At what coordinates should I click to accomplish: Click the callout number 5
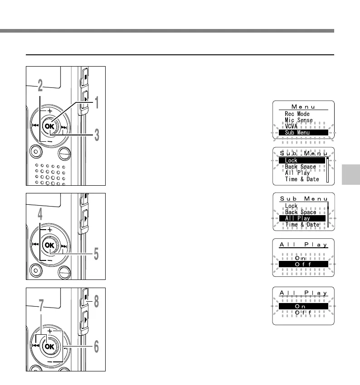tap(97, 255)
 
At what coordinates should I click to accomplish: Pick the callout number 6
tap(97, 348)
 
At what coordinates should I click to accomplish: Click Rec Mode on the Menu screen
tap(297, 114)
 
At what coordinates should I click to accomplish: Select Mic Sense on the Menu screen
tap(299, 120)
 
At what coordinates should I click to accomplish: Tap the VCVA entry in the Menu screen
tap(292, 127)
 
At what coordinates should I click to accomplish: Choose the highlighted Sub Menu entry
tap(303, 133)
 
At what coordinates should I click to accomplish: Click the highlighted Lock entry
tap(302, 160)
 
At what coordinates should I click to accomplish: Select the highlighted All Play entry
tap(302, 218)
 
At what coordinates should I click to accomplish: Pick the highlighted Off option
tap(303, 264)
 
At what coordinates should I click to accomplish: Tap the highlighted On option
tap(303, 307)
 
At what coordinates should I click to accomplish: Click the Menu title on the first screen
tap(303, 106)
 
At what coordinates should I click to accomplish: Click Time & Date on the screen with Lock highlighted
tap(302, 179)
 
